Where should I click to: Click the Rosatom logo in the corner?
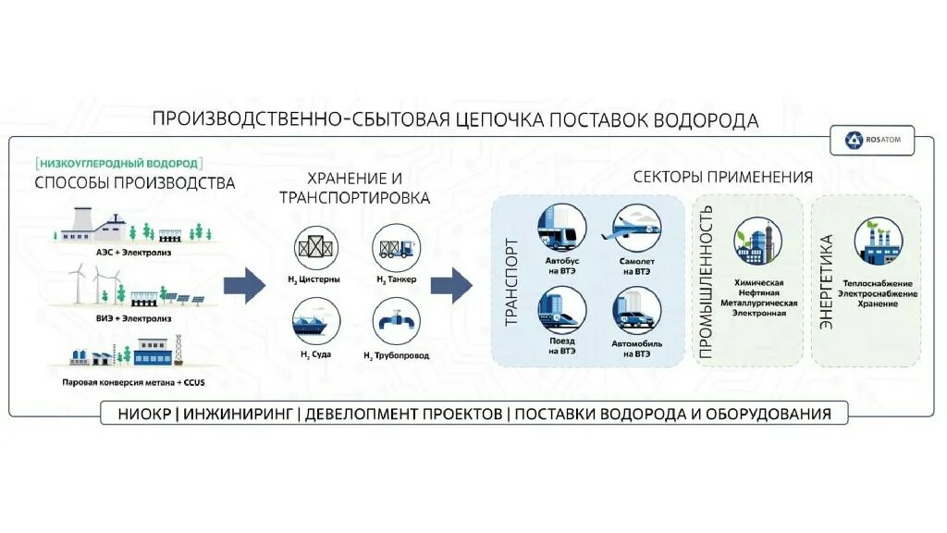(872, 141)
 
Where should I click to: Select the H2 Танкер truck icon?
(396, 250)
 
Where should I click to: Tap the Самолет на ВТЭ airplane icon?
(637, 226)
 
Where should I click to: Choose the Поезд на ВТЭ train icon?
(561, 310)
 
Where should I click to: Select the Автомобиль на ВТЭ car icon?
(637, 310)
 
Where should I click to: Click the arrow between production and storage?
(243, 285)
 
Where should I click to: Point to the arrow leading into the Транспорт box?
(451, 285)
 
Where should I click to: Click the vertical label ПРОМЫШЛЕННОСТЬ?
(706, 281)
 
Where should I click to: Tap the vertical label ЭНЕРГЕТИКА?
(827, 281)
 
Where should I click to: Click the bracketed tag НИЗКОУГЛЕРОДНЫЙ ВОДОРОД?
(118, 163)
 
